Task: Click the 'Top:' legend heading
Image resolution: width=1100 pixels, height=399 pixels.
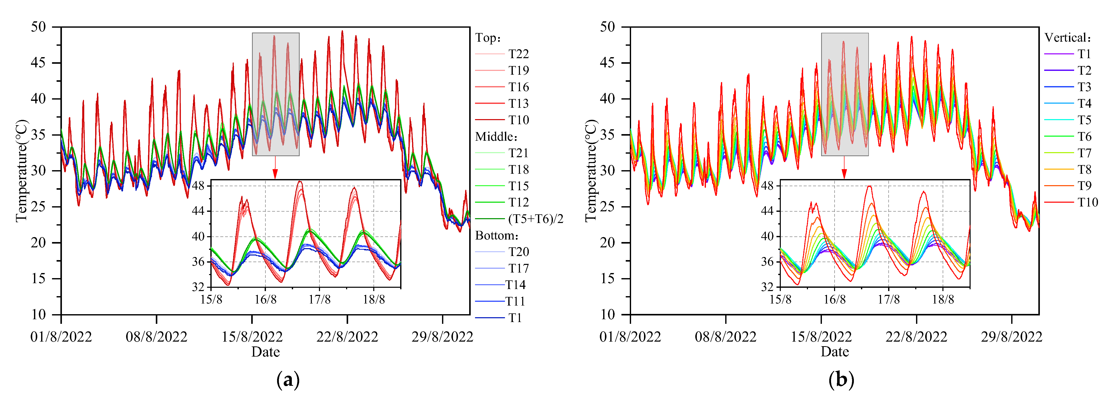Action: click(488, 38)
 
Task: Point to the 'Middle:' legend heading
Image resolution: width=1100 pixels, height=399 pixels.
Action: click(496, 137)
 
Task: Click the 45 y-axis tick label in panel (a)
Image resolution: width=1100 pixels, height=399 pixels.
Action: click(38, 63)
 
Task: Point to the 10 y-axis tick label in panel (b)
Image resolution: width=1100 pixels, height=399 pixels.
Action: click(608, 315)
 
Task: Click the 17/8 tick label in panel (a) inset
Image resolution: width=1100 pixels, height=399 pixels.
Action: click(319, 299)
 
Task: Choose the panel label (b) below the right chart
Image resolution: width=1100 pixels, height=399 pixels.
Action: click(841, 380)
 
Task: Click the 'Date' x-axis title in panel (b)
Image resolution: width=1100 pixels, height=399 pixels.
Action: click(834, 352)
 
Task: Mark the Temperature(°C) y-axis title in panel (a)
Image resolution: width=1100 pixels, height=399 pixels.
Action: click(21, 171)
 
